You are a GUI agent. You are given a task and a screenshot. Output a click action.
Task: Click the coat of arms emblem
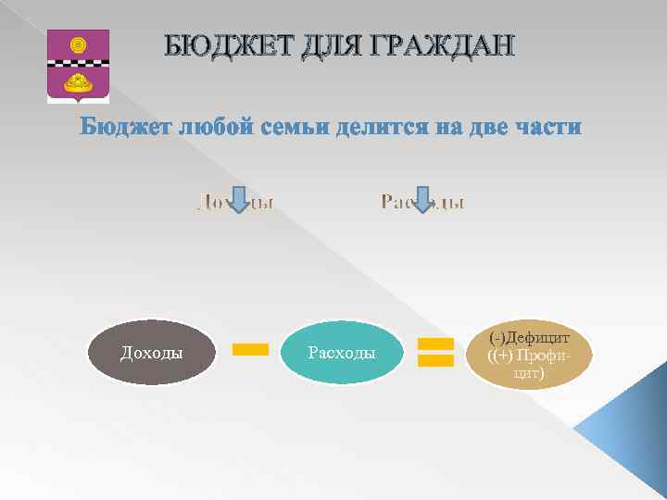point(78,65)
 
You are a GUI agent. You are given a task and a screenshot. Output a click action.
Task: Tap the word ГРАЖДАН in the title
point(437,45)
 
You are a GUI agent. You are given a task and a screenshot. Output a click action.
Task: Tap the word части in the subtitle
point(547,127)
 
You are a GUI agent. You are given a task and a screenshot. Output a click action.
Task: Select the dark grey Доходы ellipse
point(151,352)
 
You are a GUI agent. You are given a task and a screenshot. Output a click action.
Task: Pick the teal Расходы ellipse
point(341,352)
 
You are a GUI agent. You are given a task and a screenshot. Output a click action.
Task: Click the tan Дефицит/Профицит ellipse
point(528,354)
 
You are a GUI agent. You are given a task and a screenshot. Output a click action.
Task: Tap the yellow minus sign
point(249,349)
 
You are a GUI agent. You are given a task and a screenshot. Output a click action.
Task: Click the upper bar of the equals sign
point(434,344)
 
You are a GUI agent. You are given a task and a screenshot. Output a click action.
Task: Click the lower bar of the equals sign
point(434,360)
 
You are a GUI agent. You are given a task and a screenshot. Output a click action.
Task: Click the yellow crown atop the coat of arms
point(78,42)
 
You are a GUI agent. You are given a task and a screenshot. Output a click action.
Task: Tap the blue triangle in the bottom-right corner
point(630,444)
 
